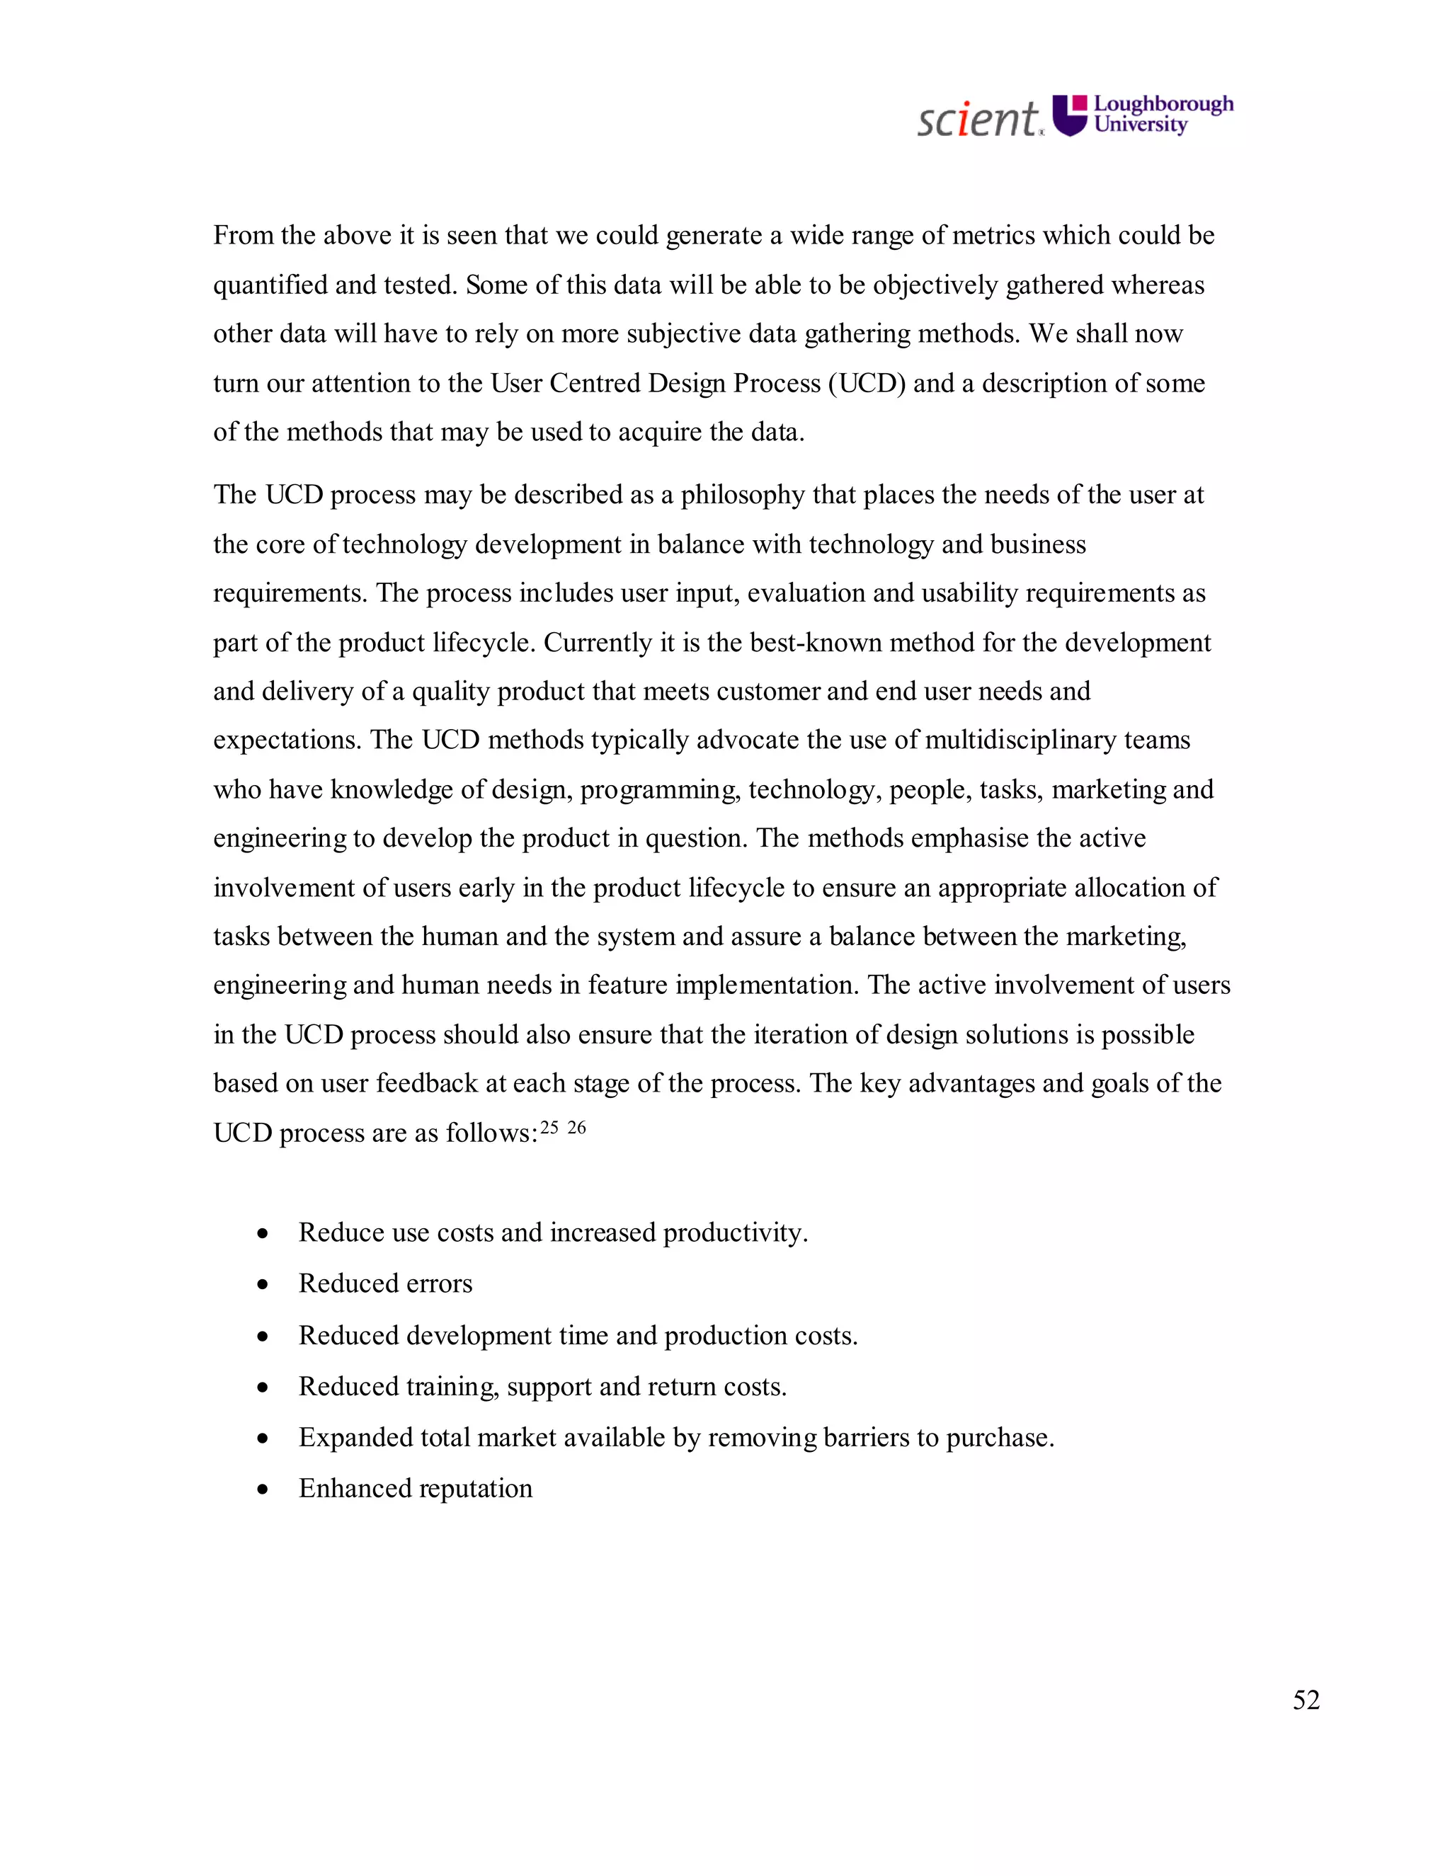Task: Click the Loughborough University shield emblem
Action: pos(1070,115)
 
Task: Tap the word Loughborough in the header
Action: pos(1163,104)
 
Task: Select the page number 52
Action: pos(1306,1699)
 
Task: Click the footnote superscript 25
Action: pos(549,1128)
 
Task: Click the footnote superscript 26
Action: pos(576,1128)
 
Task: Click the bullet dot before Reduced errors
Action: pos(263,1285)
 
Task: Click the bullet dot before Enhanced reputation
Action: pos(263,1489)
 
